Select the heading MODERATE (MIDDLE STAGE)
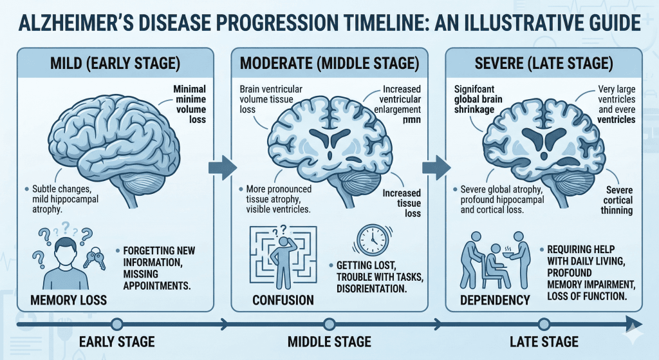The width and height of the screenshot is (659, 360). point(329,65)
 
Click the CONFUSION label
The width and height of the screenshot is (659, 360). point(283,299)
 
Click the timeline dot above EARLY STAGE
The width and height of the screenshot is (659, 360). point(116,324)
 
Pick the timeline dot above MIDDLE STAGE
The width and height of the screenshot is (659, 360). point(329,324)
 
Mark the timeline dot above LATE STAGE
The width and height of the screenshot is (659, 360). point(544,324)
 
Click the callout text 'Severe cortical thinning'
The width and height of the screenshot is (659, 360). point(619,200)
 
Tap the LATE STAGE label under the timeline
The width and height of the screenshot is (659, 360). point(544,342)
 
